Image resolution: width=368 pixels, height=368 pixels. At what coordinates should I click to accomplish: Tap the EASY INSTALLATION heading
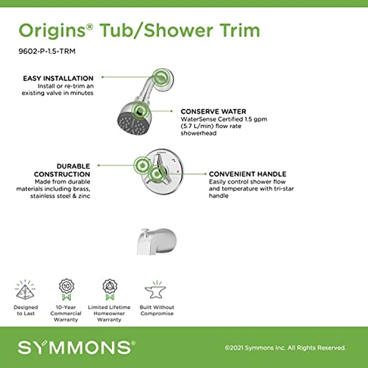[58, 78]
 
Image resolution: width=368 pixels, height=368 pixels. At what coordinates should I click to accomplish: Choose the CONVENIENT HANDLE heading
[247, 173]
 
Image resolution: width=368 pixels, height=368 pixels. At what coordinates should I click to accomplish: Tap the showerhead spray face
[128, 124]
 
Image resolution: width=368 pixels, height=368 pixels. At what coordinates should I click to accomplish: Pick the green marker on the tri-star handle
[156, 174]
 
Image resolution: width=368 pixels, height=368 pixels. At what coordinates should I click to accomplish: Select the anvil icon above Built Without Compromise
[156, 290]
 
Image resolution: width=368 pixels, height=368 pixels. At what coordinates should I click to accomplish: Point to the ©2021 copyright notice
[285, 347]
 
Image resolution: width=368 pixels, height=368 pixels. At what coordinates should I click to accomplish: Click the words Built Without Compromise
[157, 310]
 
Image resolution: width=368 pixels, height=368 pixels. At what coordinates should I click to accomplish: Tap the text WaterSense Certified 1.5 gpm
[223, 119]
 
